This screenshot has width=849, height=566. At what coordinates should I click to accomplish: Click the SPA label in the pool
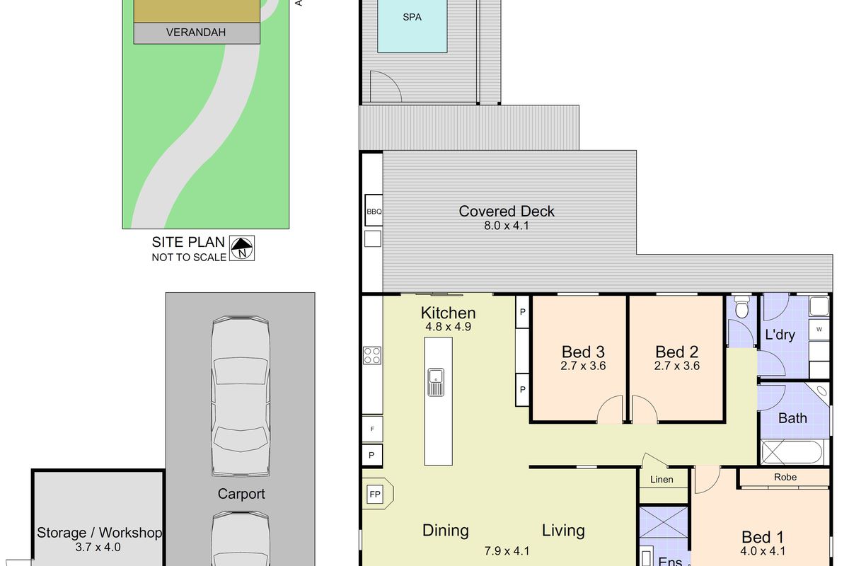412,17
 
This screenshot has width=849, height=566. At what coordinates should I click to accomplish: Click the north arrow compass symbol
243,248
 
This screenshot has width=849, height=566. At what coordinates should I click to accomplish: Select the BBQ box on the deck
374,212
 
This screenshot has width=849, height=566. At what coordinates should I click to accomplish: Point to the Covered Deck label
507,211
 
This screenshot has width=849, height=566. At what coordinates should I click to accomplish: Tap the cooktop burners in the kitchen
372,355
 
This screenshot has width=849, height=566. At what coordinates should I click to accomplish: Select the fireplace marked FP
375,494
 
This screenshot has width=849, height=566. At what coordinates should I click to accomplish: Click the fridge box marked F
372,429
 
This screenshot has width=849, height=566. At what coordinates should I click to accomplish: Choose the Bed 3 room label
583,352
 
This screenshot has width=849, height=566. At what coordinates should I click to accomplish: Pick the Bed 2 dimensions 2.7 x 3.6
677,366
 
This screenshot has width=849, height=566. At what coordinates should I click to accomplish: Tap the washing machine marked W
819,329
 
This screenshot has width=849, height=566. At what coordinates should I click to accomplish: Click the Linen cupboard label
662,480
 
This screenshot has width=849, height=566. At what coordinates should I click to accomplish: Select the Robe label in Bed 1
785,478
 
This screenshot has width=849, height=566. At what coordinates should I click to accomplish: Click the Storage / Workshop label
99,533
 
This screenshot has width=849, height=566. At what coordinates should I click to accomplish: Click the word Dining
446,530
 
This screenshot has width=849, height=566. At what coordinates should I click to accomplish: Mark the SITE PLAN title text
188,242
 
